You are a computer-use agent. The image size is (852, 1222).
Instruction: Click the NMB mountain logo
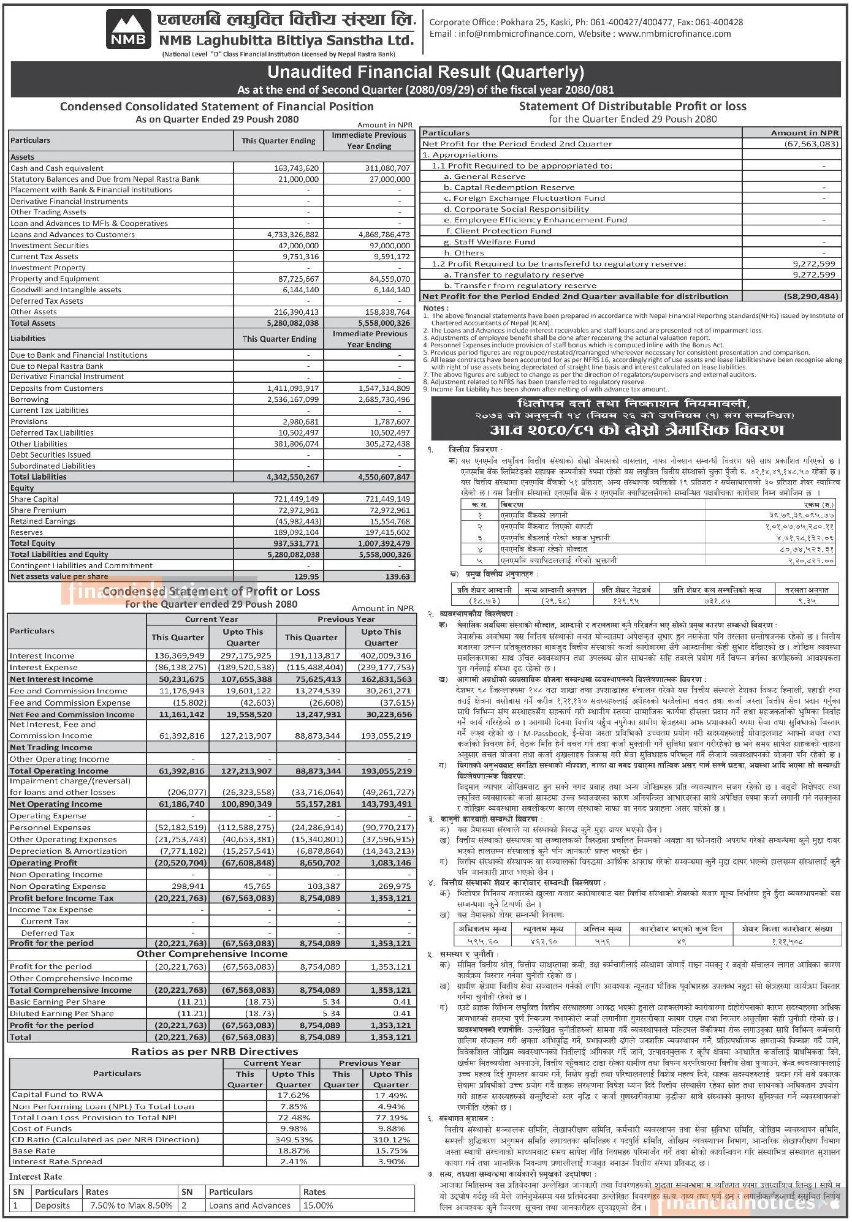(129, 29)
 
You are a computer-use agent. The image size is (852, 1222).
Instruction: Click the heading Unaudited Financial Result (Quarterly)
(425, 72)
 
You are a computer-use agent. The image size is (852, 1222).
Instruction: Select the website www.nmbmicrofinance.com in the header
(674, 34)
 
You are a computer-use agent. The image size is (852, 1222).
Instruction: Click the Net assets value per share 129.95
(306, 576)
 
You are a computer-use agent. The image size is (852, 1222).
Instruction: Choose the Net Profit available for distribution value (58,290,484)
(810, 296)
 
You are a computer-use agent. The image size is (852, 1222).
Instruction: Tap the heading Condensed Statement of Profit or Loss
(211, 592)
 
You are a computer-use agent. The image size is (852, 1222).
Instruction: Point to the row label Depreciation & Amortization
(68, 851)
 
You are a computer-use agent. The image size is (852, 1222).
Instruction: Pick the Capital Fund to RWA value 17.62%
(293, 1095)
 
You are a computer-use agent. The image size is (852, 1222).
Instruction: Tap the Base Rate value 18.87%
(293, 1150)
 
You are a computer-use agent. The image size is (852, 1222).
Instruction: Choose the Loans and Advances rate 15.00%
(318, 1205)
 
